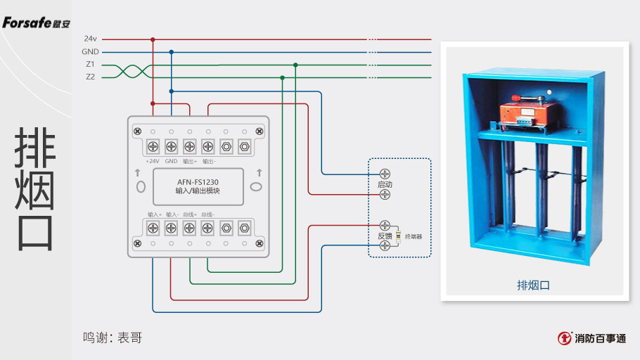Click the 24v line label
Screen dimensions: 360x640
pos(90,39)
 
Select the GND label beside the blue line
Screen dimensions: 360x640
pos(90,52)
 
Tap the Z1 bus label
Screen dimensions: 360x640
pos(90,65)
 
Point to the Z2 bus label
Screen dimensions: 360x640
pos(90,77)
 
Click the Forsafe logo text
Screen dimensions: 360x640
pos(35,22)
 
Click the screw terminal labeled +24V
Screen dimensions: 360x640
pos(153,147)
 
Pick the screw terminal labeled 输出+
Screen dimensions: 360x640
pos(189,147)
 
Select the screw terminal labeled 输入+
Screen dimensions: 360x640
pos(153,227)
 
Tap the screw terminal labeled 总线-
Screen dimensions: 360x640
pos(207,227)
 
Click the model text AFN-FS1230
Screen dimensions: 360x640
pos(198,181)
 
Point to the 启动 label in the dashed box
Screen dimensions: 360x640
pos(384,184)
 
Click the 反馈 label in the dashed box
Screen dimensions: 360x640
pos(379,236)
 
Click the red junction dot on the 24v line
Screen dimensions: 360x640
pos(153,39)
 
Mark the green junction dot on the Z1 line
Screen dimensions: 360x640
pos(295,65)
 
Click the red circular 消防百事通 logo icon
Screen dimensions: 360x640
pos(564,338)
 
